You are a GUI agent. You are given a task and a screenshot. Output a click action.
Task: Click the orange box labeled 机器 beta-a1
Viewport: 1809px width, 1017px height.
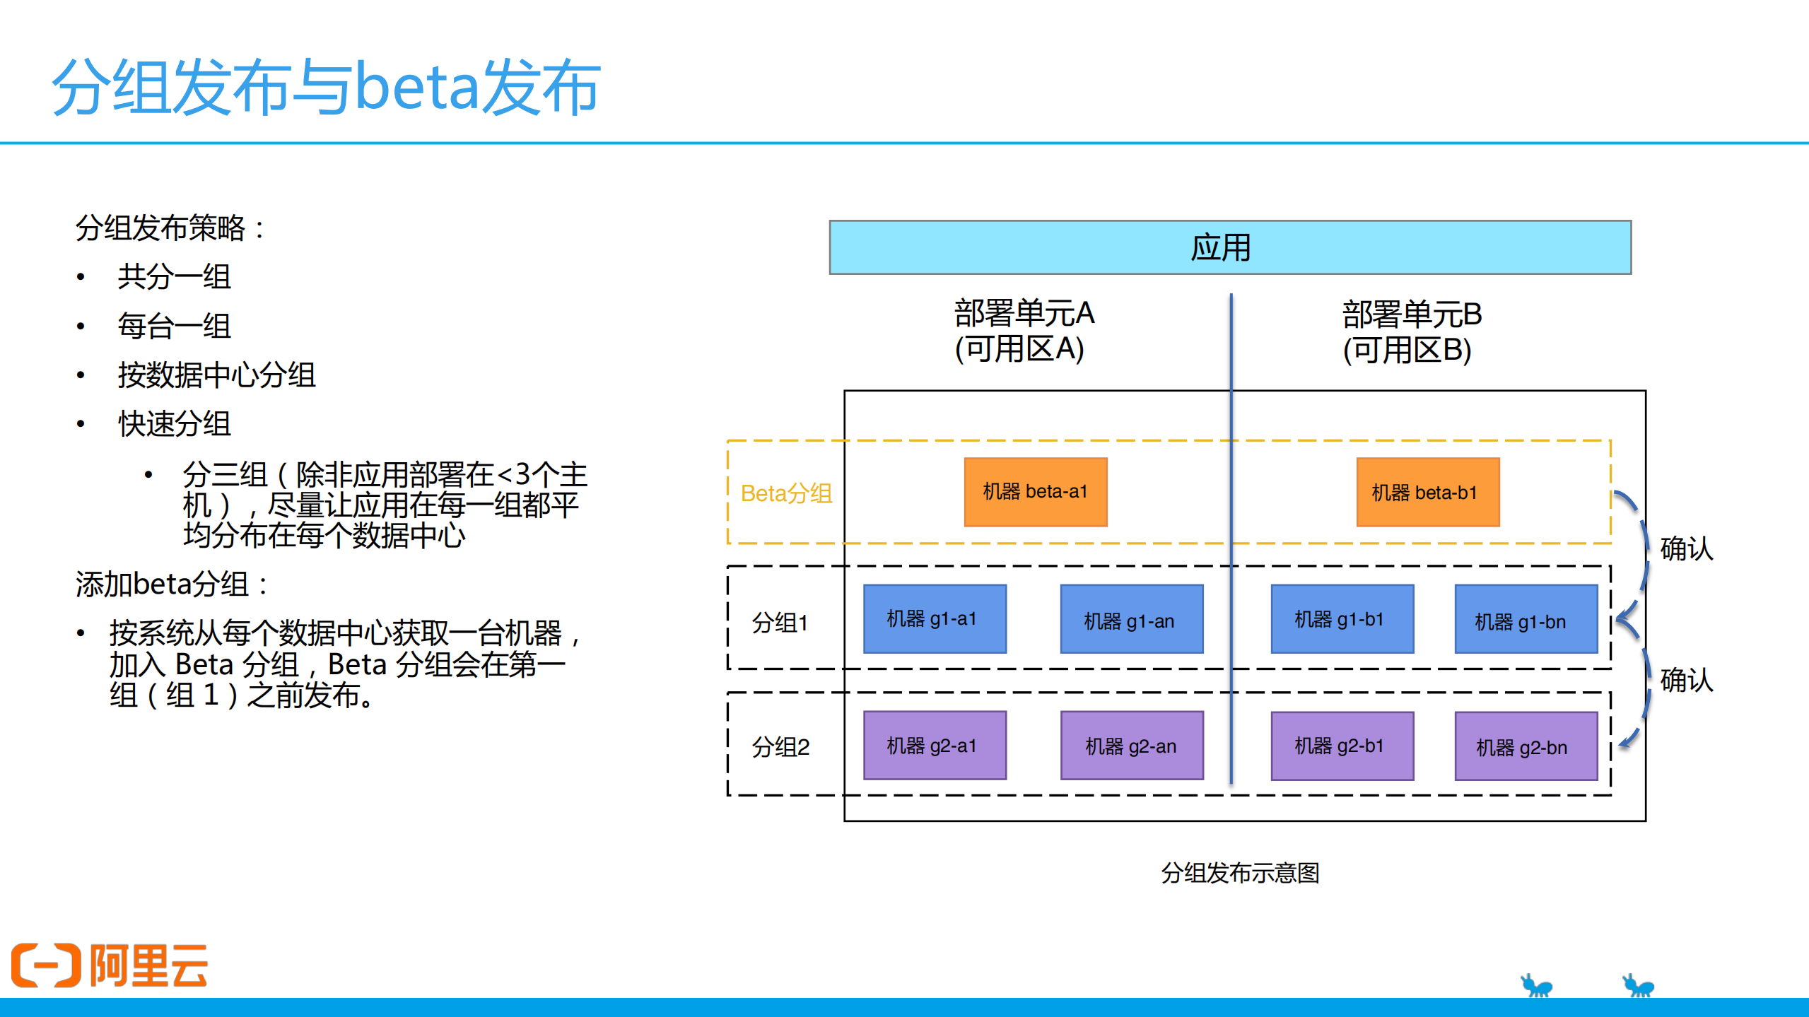click(1035, 492)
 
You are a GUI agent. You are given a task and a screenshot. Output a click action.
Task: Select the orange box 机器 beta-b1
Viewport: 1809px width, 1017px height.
click(1427, 492)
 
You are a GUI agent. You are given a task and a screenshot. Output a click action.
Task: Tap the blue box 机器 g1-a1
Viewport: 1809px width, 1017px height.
click(935, 618)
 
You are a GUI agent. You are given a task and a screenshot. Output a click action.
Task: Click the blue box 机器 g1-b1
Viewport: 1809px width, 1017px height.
click(1342, 618)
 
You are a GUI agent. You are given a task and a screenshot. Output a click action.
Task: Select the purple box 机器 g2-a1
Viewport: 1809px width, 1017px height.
click(935, 745)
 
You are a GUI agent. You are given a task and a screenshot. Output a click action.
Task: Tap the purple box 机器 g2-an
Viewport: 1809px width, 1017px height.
click(1131, 745)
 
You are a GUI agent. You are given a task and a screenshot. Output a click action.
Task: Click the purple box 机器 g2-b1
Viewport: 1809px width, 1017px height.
click(1342, 745)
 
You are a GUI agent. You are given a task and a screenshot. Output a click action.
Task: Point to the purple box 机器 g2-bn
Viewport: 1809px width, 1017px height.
click(1526, 746)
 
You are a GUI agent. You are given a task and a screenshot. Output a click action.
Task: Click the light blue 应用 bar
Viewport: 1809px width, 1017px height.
click(1229, 247)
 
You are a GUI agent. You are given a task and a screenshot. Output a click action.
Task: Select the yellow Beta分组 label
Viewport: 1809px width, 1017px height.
click(786, 493)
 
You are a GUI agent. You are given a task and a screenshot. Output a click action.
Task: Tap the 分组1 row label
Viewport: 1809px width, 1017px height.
click(780, 622)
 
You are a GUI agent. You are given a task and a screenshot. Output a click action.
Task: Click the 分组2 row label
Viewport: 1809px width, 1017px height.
click(780, 746)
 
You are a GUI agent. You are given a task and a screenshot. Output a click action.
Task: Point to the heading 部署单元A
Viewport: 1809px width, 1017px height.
click(1024, 314)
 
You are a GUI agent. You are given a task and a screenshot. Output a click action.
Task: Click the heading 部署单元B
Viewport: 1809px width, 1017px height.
click(1411, 314)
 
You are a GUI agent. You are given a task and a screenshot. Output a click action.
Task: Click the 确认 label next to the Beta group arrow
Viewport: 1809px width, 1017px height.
click(1686, 548)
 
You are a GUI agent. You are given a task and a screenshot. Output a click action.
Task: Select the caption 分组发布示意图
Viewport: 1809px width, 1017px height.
click(1240, 873)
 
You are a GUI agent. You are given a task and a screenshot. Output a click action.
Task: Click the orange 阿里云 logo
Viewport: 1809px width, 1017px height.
click(110, 965)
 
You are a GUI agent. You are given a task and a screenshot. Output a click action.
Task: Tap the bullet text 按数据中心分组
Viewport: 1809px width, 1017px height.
click(216, 375)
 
